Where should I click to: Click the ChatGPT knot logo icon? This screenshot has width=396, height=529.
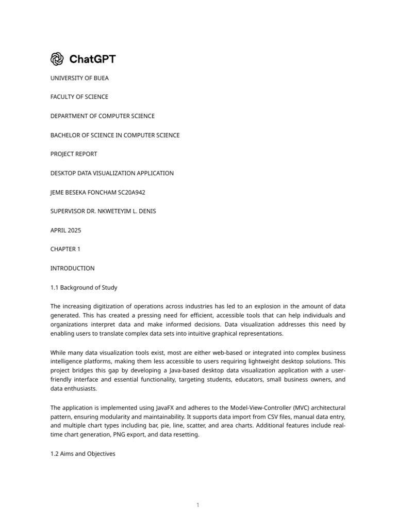click(x=57, y=59)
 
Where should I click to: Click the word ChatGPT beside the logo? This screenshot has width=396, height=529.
click(x=92, y=59)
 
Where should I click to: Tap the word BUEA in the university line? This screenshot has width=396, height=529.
click(x=100, y=78)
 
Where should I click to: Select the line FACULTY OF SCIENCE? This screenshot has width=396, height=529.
click(x=79, y=97)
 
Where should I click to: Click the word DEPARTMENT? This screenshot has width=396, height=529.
click(x=71, y=116)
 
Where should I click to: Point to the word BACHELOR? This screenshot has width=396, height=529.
click(x=65, y=135)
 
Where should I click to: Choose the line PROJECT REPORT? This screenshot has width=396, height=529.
click(x=74, y=154)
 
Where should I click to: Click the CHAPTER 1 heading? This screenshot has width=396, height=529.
click(x=65, y=249)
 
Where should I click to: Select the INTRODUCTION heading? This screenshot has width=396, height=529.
click(x=72, y=269)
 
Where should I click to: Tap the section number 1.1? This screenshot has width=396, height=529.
click(x=54, y=288)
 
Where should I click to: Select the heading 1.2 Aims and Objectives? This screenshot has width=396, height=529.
click(x=82, y=454)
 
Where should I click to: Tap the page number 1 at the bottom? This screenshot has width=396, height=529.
click(x=197, y=505)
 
